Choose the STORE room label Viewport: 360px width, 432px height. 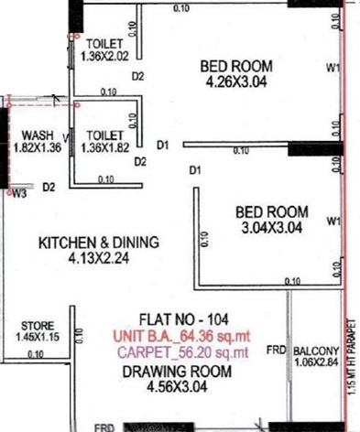click(38, 326)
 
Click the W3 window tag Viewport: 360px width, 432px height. click(19, 193)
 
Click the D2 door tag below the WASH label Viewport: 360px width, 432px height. click(49, 187)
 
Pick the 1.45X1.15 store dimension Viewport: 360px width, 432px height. click(38, 338)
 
